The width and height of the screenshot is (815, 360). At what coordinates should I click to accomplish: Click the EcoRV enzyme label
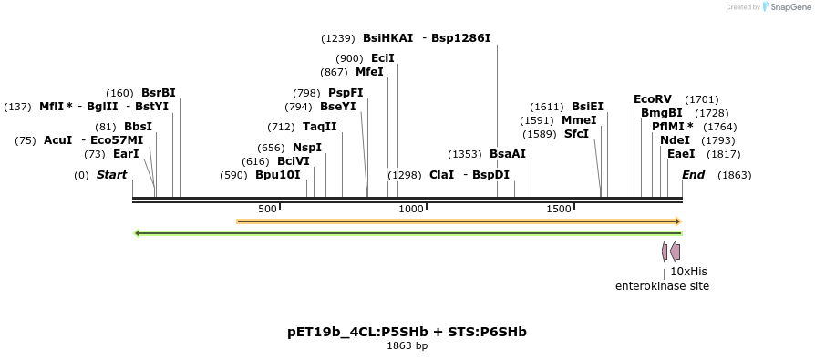coord(652,99)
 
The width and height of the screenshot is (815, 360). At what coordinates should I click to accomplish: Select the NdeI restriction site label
coord(675,140)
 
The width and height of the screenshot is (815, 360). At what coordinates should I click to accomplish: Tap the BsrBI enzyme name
coord(159,93)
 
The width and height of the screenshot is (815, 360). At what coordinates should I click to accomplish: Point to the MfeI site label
coord(369,72)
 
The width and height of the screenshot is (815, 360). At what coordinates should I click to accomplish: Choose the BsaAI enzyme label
coord(508,154)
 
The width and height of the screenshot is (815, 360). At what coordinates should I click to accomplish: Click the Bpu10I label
coord(277,175)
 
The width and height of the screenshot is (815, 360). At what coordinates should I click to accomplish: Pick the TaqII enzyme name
coord(319,127)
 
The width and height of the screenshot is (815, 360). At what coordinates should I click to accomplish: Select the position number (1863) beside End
coord(734,175)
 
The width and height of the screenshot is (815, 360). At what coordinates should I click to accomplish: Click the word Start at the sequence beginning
coord(111,175)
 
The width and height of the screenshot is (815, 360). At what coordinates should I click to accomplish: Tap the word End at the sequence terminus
coord(693,175)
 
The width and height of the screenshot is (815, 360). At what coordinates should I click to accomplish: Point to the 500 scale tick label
coord(267,210)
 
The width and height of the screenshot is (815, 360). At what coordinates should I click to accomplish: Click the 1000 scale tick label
coord(411,210)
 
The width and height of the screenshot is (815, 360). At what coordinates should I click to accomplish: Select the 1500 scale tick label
coord(558,210)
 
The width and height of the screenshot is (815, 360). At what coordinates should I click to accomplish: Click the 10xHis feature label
coord(688,272)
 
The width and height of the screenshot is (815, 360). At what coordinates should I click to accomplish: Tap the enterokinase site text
coord(662,286)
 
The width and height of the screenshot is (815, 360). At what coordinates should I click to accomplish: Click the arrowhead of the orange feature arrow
coord(677,221)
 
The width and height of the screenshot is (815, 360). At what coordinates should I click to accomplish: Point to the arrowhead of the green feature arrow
coord(138,233)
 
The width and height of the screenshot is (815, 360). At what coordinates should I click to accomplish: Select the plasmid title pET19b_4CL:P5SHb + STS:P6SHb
coord(407,332)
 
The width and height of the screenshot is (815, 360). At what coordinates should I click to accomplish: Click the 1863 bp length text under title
coord(407,346)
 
